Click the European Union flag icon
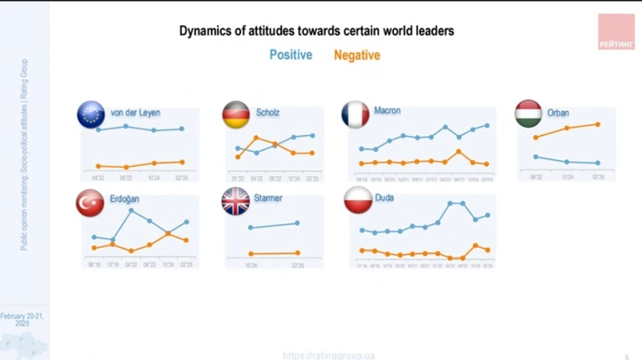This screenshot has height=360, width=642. tap(91, 115)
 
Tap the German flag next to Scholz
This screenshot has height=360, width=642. tap(236, 115)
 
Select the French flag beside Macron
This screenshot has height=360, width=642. tap(355, 114)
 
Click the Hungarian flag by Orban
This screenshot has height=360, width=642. tap(529, 114)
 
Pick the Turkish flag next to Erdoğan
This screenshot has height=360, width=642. tap(90, 203)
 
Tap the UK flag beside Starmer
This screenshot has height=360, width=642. tap(235, 201)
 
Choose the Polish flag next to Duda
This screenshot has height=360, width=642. tap(357, 200)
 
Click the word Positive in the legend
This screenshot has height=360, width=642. tap(290, 55)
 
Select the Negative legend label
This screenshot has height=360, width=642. tap(357, 55)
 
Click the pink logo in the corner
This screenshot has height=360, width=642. tap(616, 32)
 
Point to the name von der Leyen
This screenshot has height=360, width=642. tap(136, 113)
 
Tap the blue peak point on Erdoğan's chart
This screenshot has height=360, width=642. tap(131, 210)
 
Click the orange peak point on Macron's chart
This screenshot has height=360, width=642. tap(459, 151)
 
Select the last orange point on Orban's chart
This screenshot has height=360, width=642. tap(598, 124)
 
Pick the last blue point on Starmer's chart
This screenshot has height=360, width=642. tap(297, 223)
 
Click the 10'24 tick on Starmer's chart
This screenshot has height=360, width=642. tap(250, 265)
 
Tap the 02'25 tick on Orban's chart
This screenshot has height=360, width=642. tap(598, 177)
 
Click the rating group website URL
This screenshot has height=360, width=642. tap(329, 355)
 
